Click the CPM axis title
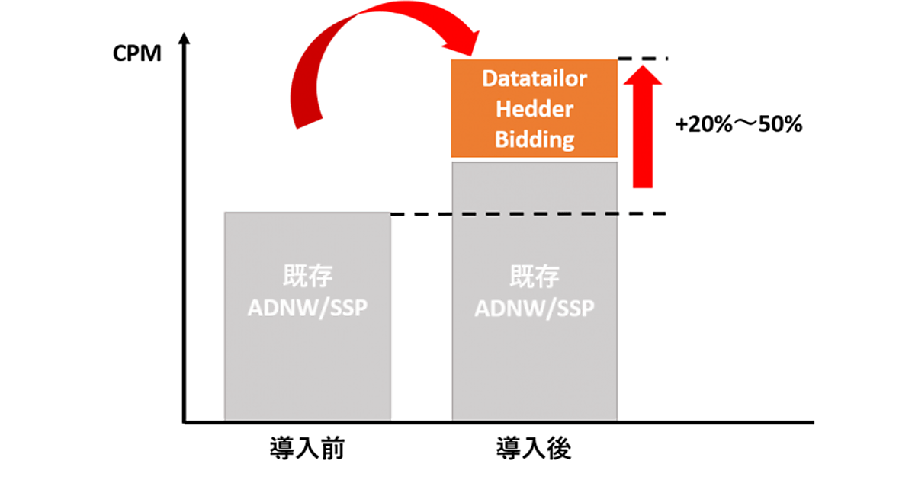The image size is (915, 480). pos(136,54)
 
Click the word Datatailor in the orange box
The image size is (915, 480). pos(535,79)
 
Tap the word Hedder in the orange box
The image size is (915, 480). pos(535,109)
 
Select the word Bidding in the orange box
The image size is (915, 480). pos(535,139)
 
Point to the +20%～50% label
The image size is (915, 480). pos(739,125)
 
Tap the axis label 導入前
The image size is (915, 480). pos(307,448)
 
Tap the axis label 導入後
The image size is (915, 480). pos(535,448)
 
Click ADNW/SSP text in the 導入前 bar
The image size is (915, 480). pos(307,309)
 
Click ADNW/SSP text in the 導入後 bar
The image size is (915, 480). pos(535,309)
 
